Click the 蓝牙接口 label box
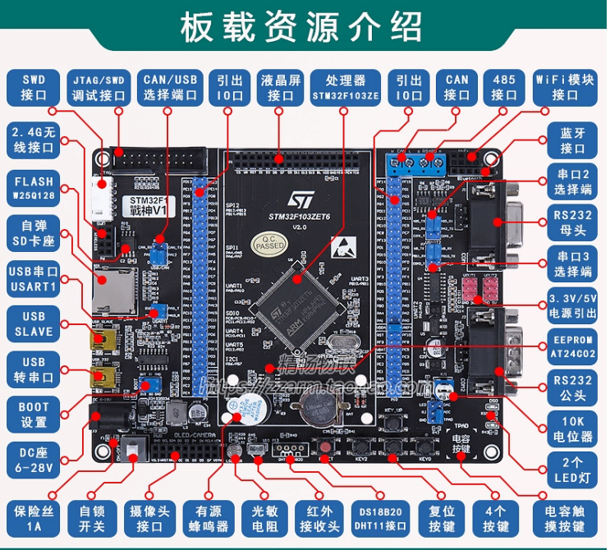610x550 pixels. click(x=571, y=140)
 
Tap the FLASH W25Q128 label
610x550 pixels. click(x=34, y=189)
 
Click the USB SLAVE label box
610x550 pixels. click(x=34, y=324)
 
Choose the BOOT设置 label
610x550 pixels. click(x=34, y=415)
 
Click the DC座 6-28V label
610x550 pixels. click(x=34, y=458)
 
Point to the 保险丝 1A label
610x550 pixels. click(x=34, y=519)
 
